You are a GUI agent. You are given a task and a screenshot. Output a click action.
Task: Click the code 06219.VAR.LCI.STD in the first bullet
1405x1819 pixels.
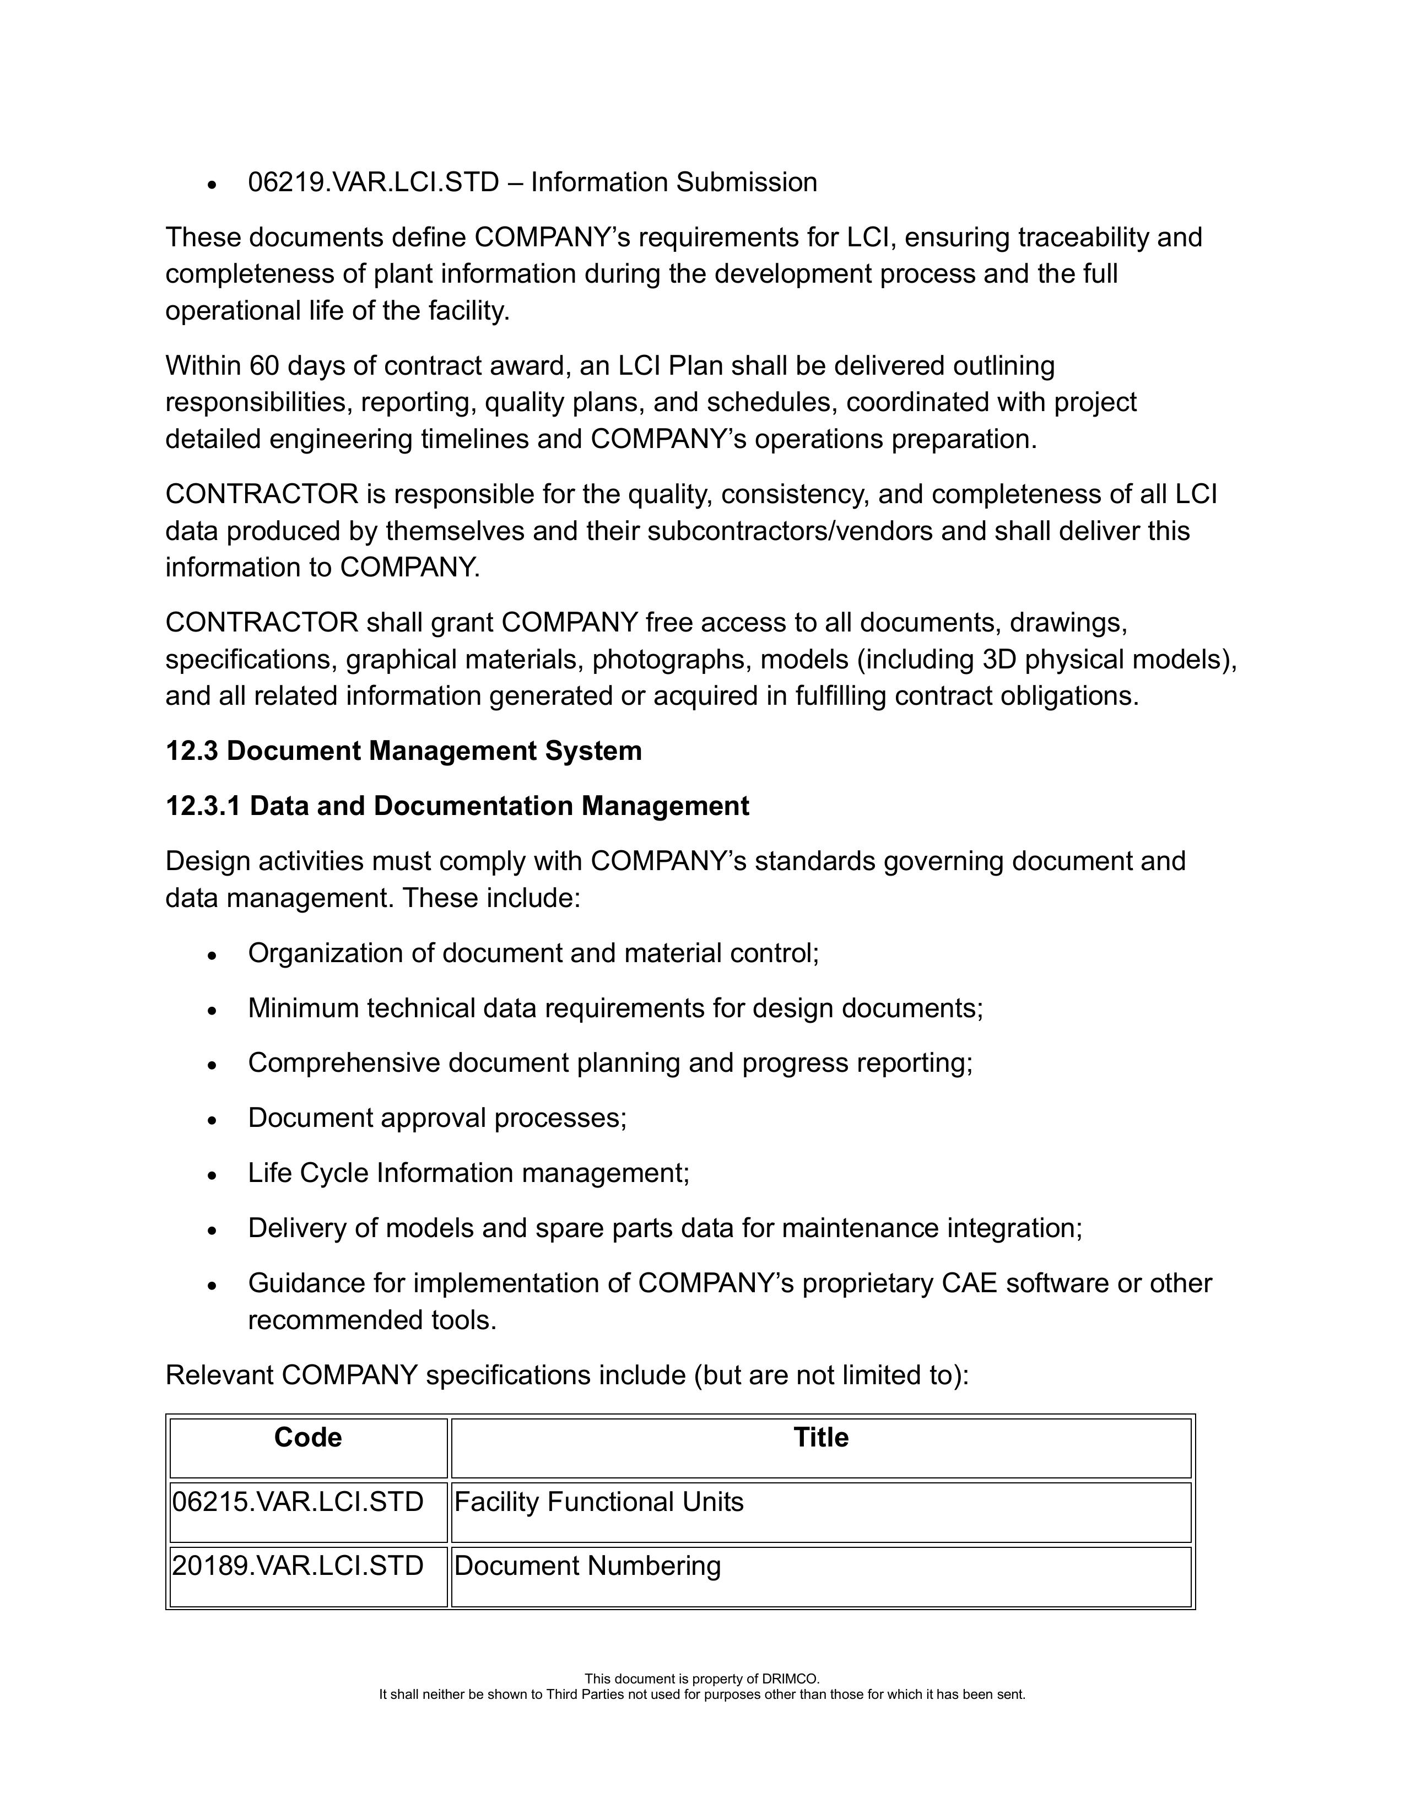(373, 182)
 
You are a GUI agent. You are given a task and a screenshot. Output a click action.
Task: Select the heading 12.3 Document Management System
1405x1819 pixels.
(403, 751)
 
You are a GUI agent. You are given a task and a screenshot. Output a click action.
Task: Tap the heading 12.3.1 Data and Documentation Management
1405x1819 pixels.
(457, 806)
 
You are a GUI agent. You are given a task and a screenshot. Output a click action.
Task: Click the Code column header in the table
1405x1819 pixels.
(307, 1438)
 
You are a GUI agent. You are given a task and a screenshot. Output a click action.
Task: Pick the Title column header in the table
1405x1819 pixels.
(820, 1438)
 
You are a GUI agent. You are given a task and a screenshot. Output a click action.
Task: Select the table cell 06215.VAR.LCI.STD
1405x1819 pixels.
(298, 1502)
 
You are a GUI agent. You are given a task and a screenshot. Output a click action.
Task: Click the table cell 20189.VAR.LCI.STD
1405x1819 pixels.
(298, 1566)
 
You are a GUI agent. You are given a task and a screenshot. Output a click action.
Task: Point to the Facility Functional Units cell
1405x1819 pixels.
(599, 1502)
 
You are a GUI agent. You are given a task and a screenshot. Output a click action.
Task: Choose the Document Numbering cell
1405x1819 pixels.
(587, 1566)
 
